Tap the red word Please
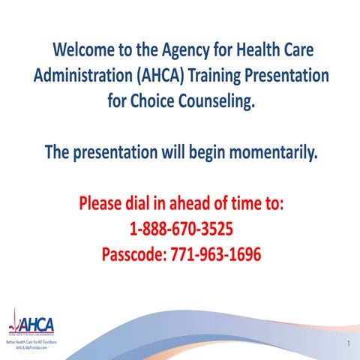pyautogui.click(x=105, y=204)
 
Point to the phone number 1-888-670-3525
pyautogui.click(x=180, y=229)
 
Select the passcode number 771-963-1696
pyautogui.click(x=218, y=254)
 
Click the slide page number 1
pyautogui.click(x=349, y=343)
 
